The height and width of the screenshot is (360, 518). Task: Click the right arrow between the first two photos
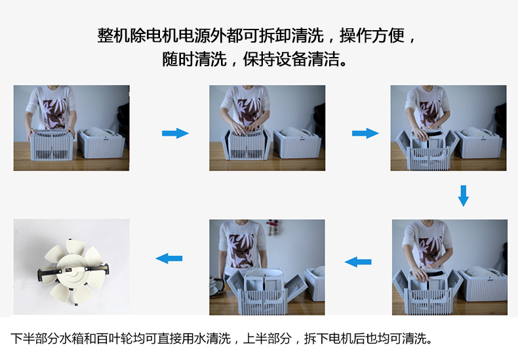point(175,133)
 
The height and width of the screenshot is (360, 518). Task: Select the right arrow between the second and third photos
point(365,133)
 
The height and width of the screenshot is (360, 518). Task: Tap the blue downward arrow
point(463,195)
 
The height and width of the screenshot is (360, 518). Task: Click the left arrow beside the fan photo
point(169,258)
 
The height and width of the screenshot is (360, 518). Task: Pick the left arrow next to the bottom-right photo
point(358,262)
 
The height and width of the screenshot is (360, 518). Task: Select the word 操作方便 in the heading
point(372,35)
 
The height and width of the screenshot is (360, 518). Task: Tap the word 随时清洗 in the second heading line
point(194,60)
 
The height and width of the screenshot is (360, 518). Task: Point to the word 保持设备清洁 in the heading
point(291,60)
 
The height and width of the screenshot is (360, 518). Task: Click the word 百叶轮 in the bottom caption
point(126,338)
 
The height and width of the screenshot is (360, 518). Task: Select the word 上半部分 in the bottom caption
point(268,338)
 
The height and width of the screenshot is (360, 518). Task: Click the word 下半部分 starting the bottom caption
point(35,338)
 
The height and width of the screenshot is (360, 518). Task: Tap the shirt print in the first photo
point(54,113)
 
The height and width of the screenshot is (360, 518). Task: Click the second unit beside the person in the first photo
point(101,143)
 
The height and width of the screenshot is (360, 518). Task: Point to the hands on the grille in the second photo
point(245,127)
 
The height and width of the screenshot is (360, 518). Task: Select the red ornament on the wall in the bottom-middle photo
point(273,227)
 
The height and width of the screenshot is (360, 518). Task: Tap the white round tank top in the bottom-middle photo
point(264,273)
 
